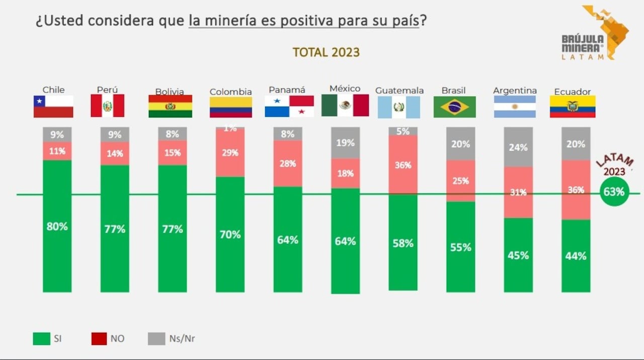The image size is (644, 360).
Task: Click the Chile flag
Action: pyautogui.click(x=53, y=106)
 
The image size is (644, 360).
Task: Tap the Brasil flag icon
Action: pyautogui.click(x=454, y=107)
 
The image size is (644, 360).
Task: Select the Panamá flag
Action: pyautogui.click(x=289, y=106)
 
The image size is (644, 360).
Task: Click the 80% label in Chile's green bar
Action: pyautogui.click(x=57, y=227)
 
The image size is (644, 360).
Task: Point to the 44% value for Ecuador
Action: pyautogui.click(x=576, y=256)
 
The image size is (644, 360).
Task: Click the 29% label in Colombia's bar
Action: pyautogui.click(x=230, y=153)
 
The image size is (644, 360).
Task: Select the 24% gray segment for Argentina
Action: pyautogui.click(x=518, y=147)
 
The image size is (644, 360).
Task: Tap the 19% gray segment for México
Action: pyautogui.click(x=345, y=143)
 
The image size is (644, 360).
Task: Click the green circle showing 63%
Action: pyautogui.click(x=614, y=192)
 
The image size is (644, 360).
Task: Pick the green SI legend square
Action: pyautogui.click(x=41, y=338)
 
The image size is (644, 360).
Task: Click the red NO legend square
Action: pyautogui.click(x=99, y=338)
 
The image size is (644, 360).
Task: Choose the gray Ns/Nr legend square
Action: pyautogui.click(x=156, y=338)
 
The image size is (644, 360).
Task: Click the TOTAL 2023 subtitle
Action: pyautogui.click(x=326, y=52)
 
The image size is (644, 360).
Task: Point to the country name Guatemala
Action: pyautogui.click(x=399, y=91)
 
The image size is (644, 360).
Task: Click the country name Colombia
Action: pyautogui.click(x=230, y=92)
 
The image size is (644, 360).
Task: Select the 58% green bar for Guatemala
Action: pyautogui.click(x=403, y=243)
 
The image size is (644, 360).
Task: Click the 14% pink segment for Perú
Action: pyautogui.click(x=115, y=154)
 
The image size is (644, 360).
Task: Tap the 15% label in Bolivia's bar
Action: pyautogui.click(x=173, y=153)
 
